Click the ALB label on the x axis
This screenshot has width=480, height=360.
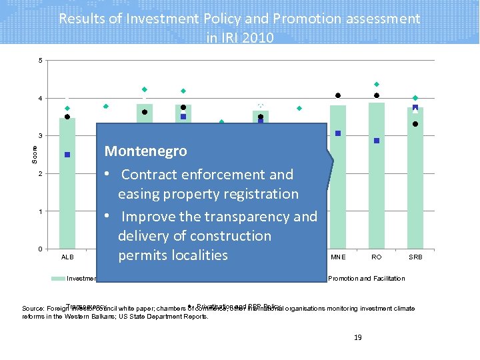click(67, 257)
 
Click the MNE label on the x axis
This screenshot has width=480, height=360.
click(338, 257)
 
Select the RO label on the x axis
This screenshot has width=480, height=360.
click(377, 257)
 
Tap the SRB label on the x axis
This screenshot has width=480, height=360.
click(415, 257)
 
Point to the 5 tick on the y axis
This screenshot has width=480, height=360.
click(40, 61)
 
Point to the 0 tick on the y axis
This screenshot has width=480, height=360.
click(40, 249)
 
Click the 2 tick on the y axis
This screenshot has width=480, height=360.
click(40, 174)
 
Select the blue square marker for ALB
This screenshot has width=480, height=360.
click(67, 155)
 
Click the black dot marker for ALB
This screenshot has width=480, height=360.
click(67, 117)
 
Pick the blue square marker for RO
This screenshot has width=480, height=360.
click(377, 141)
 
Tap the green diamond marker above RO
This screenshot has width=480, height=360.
click(377, 84)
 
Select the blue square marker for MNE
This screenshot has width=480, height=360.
click(338, 133)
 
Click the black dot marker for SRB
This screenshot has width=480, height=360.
click(415, 124)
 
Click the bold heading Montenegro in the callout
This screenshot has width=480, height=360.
click(145, 151)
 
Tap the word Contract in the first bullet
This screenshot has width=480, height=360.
click(149, 175)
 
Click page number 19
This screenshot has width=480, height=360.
click(357, 338)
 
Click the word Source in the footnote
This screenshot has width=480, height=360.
click(33, 309)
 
